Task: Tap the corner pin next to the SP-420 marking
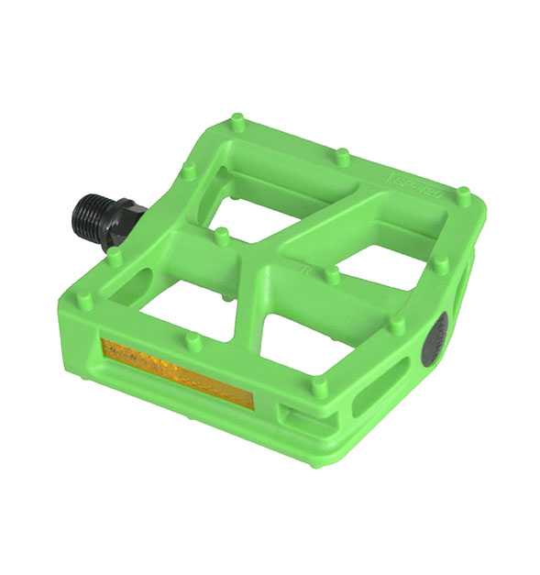click(x=463, y=195)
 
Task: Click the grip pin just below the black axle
click(x=114, y=257)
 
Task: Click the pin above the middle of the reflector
click(x=192, y=341)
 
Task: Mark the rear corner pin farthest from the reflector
click(x=238, y=120)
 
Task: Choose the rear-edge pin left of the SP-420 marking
click(x=342, y=156)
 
